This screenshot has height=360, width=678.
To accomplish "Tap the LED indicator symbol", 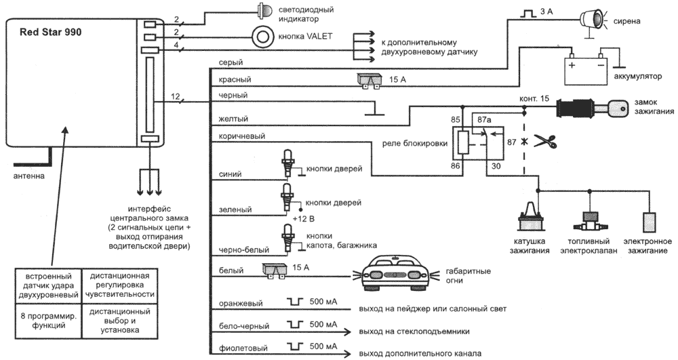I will point(262,10).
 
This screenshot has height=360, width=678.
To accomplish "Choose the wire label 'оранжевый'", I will point(240,304).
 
